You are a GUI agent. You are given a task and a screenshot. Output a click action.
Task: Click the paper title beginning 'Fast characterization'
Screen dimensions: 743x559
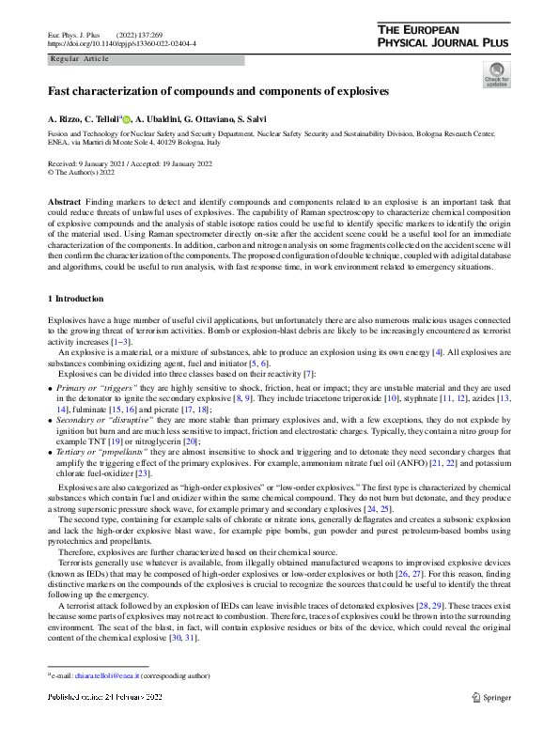pos(219,92)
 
